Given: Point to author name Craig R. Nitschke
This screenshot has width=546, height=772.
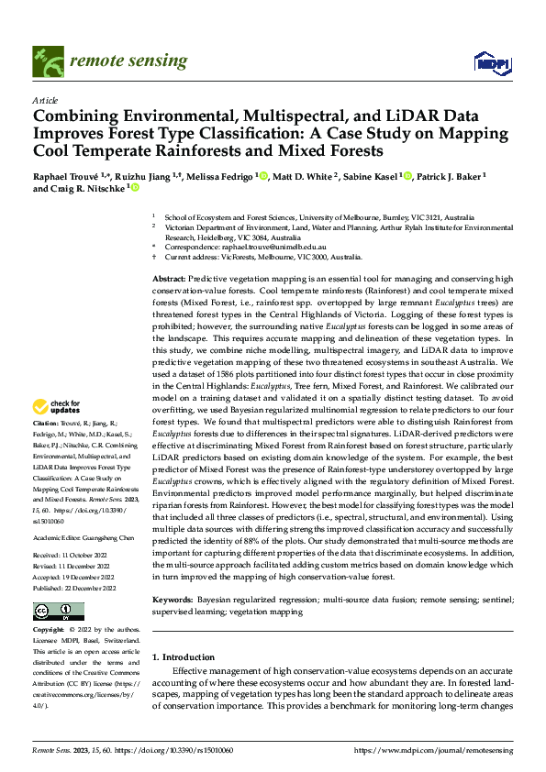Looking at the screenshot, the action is (84, 189).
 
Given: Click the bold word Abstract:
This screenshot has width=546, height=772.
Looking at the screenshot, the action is (168, 279).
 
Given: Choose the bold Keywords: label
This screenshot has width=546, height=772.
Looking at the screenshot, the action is (173, 599).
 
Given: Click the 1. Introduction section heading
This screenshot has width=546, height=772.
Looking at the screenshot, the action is (184, 656).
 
